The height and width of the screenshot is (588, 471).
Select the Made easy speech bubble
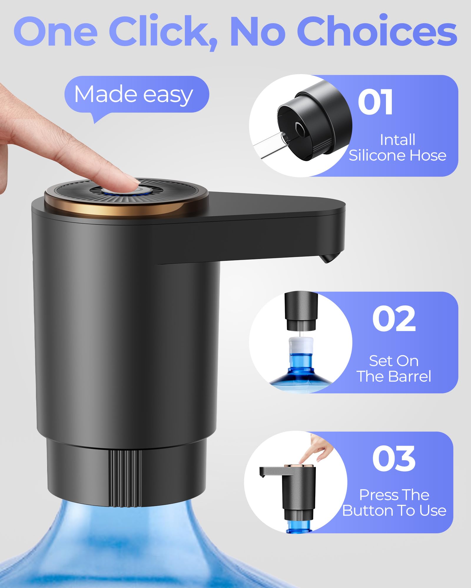pos(136,95)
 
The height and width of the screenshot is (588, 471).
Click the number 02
pos(394,319)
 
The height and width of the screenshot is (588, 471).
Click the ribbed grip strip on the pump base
pos(125,478)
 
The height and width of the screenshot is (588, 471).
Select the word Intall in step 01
pos(397,140)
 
